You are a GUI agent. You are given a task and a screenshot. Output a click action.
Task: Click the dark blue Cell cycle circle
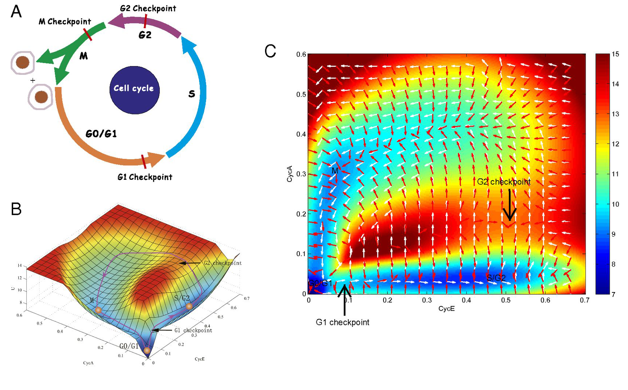pyautogui.click(x=134, y=90)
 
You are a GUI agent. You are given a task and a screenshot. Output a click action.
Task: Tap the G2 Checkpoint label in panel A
pyautogui.click(x=148, y=8)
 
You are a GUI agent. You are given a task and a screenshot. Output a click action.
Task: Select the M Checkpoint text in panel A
pyautogui.click(x=65, y=22)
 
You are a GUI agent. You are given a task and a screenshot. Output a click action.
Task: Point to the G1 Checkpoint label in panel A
pyautogui.click(x=145, y=177)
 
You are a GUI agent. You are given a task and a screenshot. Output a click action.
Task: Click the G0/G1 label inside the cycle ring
pyautogui.click(x=101, y=134)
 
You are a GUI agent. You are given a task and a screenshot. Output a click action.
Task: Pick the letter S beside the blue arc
pyautogui.click(x=192, y=94)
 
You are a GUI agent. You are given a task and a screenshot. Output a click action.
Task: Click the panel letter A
pyautogui.click(x=16, y=12)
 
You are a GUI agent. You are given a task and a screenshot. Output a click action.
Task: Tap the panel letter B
pyautogui.click(x=16, y=209)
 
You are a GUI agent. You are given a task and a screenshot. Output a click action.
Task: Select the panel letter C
pyautogui.click(x=270, y=51)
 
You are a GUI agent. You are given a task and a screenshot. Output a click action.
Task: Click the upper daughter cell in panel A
pyautogui.click(x=23, y=62)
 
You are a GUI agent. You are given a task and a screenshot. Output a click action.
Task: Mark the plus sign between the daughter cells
pyautogui.click(x=33, y=80)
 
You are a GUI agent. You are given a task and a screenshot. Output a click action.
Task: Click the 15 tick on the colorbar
pyautogui.click(x=615, y=54)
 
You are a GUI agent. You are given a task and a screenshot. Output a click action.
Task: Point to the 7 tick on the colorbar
pyautogui.click(x=613, y=294)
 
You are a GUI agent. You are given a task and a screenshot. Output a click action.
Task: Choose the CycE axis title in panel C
pyautogui.click(x=447, y=309)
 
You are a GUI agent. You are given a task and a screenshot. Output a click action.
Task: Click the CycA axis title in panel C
pyautogui.click(x=290, y=174)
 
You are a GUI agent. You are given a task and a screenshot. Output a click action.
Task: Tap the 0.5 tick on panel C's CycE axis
pyautogui.click(x=506, y=300)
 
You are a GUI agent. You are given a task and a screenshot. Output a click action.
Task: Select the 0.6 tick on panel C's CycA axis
pyautogui.click(x=301, y=55)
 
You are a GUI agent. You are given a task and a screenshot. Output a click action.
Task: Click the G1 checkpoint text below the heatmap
pyautogui.click(x=342, y=322)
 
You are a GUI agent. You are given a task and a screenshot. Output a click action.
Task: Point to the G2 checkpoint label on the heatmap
pyautogui.click(x=504, y=182)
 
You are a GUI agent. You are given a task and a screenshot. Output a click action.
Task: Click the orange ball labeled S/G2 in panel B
pyautogui.click(x=189, y=306)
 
